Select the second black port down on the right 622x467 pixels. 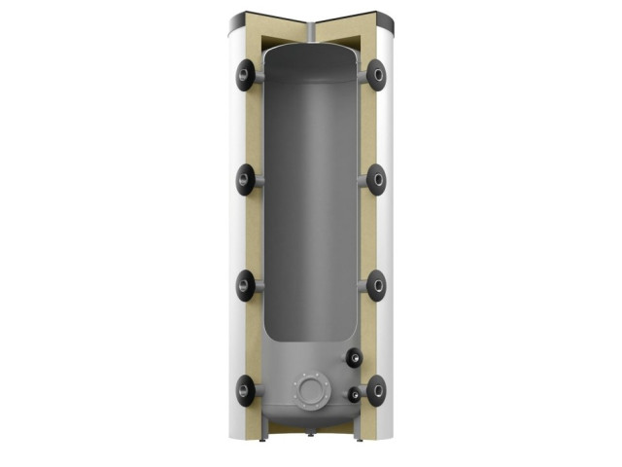pos(376,179)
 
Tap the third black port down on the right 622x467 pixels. pos(376,285)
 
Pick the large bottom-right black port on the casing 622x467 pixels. pos(376,391)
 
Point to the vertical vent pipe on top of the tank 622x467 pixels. pos(311,32)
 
